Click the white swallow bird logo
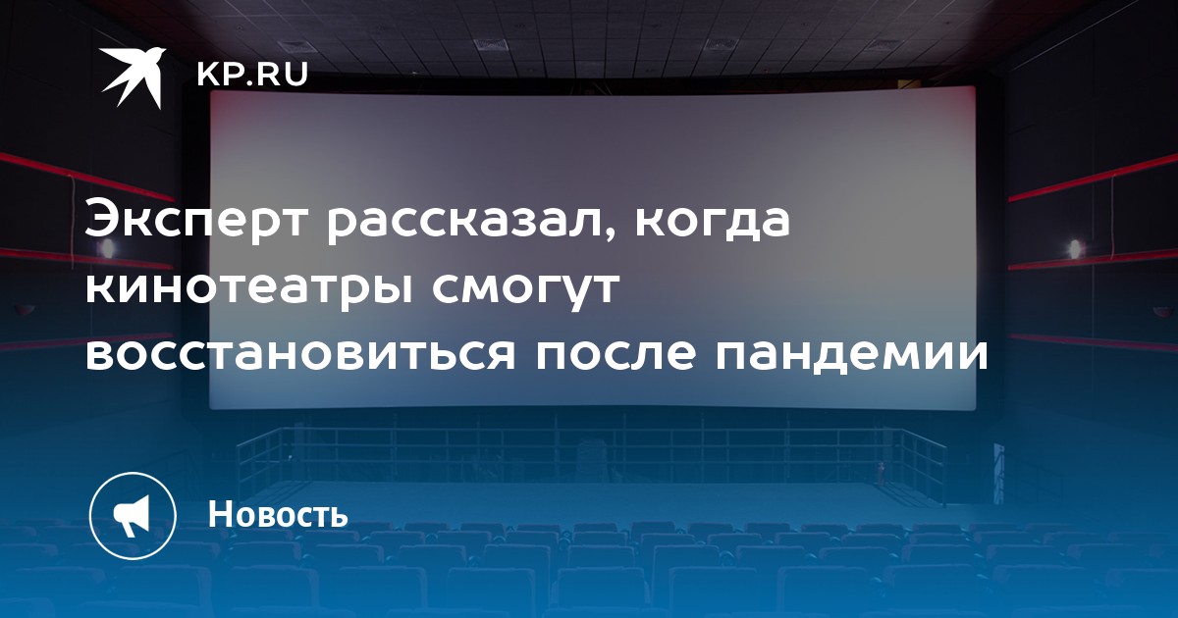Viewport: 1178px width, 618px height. coord(133,77)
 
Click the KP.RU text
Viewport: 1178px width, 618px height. coord(252,75)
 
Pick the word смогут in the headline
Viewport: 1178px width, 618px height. coord(525,290)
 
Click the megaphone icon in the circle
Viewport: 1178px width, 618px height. coord(133,516)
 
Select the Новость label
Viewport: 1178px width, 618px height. coord(278,514)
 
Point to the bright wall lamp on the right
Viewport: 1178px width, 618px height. coord(1075,248)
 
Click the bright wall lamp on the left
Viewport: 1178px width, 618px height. coord(107,246)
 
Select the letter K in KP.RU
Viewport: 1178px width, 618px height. coord(208,75)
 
